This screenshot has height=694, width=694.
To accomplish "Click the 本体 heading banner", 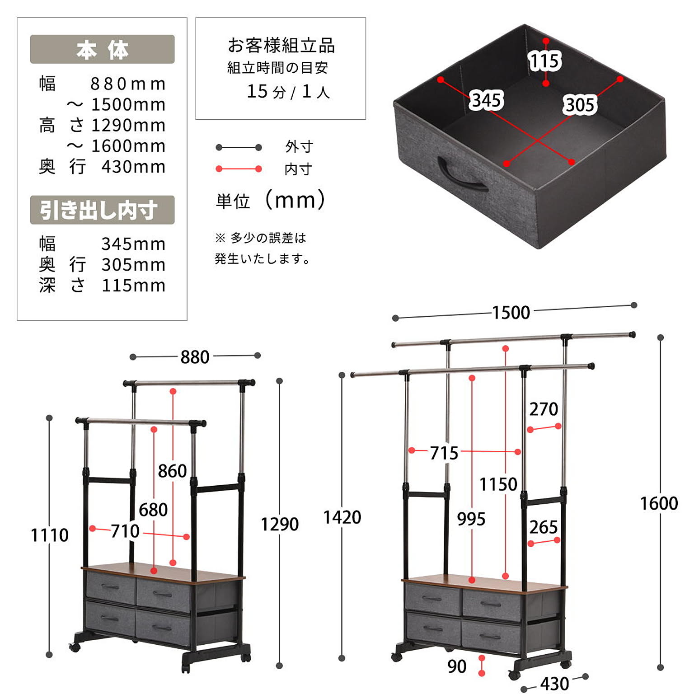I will coord(102,49).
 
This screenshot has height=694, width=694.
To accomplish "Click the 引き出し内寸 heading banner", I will coord(102,210).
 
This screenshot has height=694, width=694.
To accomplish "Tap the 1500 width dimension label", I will coord(511,313).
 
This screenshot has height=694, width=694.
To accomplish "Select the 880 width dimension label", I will coord(195,357).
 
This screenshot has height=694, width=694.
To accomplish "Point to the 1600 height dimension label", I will coord(659,503).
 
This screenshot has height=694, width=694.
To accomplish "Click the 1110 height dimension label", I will coord(49,535).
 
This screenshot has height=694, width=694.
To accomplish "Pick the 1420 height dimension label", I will coord(342,518).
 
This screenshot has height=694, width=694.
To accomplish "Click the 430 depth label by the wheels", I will coord(554,684).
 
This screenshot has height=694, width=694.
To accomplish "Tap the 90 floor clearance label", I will coord(457,666).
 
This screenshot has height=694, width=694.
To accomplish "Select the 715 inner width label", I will coord(444,453).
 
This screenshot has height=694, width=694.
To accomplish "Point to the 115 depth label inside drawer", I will coord(545,61).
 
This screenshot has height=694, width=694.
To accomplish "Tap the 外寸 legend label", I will coord(299,147).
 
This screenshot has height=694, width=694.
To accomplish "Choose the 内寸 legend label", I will coord(298,169).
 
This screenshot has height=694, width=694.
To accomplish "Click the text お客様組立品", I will coord(281,46).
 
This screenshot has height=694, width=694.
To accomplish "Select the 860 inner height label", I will coord(172,471).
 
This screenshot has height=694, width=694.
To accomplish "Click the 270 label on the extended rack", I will coord(544,409).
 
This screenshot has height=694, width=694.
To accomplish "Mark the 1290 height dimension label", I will coord(280,525).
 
